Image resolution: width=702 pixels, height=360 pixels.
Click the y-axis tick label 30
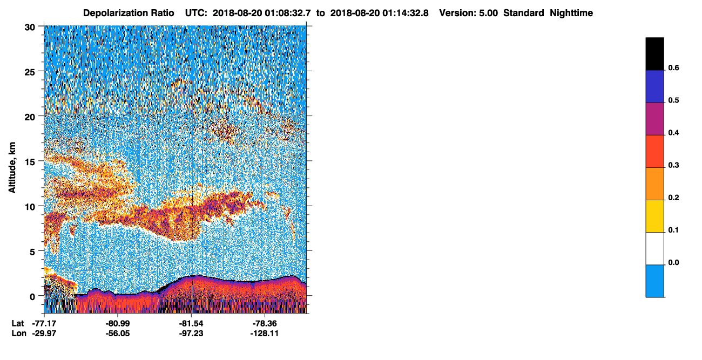[30, 28]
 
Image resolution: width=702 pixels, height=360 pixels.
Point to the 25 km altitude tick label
[30, 72]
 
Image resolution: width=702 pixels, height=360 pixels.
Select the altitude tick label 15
[30, 162]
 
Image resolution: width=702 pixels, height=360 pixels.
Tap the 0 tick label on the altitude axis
[32, 297]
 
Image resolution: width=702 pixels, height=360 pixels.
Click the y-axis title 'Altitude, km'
[12, 168]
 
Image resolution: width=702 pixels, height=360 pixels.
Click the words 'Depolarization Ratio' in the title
[129, 13]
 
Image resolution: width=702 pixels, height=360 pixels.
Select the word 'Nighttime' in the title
[571, 13]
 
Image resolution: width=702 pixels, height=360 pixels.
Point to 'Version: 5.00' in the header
[469, 13]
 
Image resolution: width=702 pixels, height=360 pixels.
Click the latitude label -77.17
[44, 323]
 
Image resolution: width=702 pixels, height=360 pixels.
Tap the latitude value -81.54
[191, 323]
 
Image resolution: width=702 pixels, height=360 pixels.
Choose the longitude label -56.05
[118, 334]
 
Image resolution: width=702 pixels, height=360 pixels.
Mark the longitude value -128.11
[265, 334]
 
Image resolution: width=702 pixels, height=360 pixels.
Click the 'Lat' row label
[18, 323]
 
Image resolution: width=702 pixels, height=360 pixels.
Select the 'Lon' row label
[19, 334]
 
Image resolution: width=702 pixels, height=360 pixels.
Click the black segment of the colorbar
[654, 54]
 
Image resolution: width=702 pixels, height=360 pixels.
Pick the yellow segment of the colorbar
[654, 216]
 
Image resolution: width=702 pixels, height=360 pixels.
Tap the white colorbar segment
[654, 249]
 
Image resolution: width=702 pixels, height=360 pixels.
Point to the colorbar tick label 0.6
[673, 68]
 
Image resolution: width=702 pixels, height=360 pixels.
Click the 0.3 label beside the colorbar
[673, 166]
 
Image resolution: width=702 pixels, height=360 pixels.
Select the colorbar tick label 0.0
[673, 262]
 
